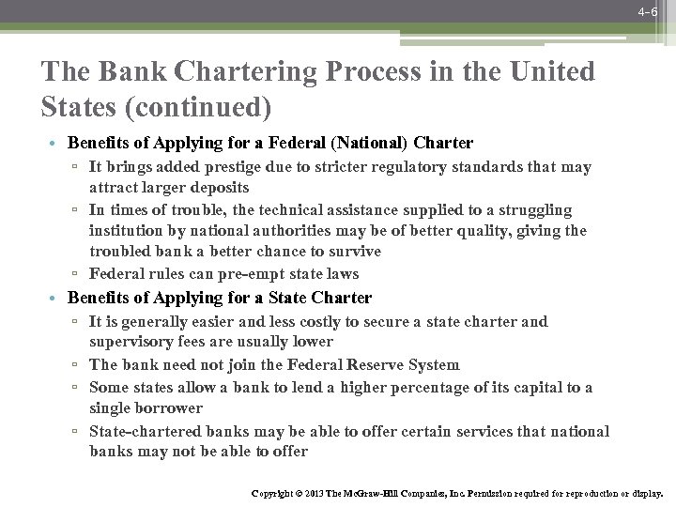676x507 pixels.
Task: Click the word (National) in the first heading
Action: coord(379,144)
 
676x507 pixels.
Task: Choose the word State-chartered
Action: coord(146,431)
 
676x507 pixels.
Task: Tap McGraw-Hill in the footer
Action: coord(358,492)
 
